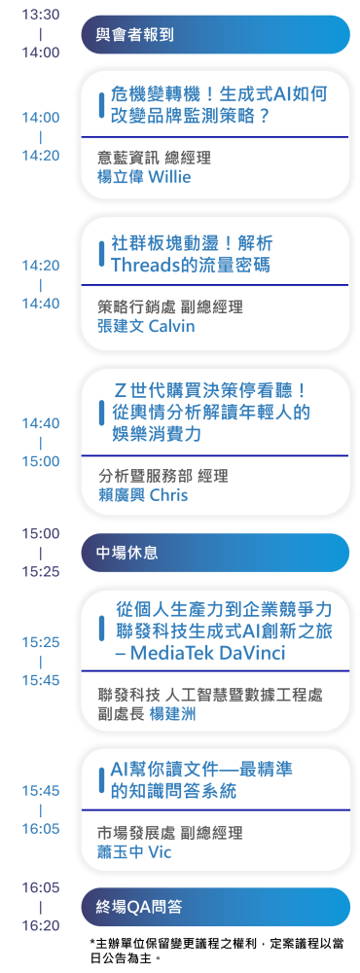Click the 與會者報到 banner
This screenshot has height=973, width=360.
pos(214,35)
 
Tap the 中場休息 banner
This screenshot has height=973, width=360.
pos(214,553)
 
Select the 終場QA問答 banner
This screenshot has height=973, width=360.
pos(214,907)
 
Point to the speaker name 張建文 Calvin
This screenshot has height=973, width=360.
pos(146,326)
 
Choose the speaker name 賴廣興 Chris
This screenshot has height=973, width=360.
pos(143,495)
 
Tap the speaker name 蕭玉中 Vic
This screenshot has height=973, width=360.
pos(135,851)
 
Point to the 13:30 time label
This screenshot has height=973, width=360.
pos(41,15)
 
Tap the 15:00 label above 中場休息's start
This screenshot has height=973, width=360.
pos(41,533)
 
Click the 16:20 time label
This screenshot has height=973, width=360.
pos(41,926)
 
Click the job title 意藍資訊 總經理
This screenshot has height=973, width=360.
pos(154,157)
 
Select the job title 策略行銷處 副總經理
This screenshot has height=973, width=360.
pos(170,306)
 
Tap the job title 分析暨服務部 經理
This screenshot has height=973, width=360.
pos(162,476)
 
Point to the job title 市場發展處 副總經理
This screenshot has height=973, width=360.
pos(170,833)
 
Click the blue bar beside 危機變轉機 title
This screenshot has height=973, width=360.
pos(102,105)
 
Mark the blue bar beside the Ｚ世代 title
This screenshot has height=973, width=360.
pos(102,412)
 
